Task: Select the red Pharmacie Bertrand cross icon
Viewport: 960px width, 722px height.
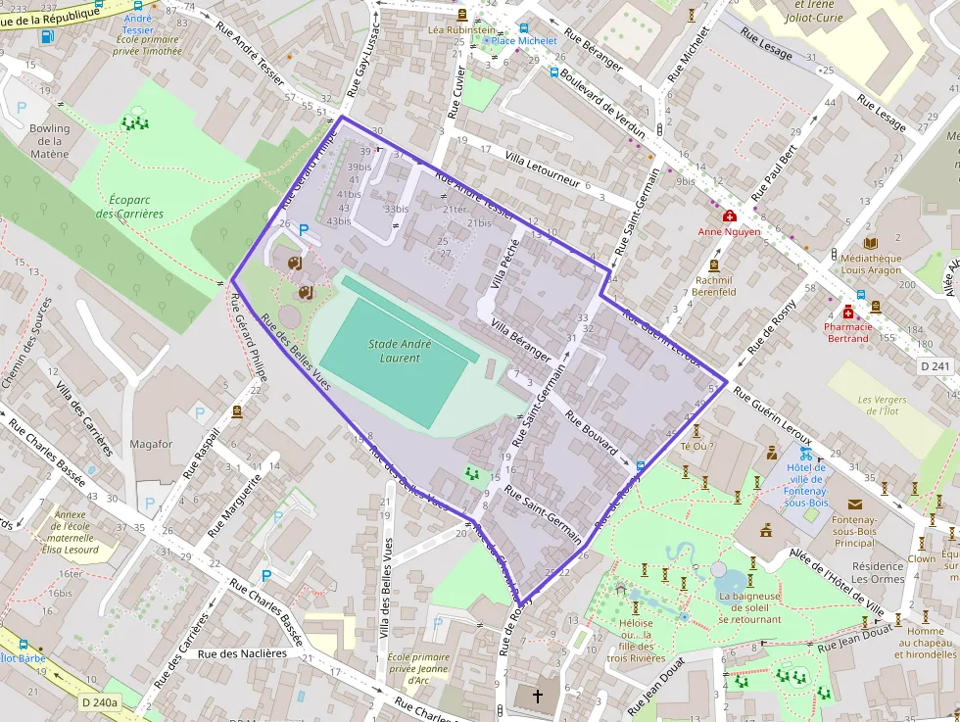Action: pos(847,311)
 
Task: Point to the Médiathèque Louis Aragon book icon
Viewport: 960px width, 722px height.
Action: pos(871,243)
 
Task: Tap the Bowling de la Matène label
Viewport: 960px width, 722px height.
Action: pos(49,141)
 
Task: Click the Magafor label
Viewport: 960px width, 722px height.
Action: pos(151,444)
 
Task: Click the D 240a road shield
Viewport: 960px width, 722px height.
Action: pos(100,702)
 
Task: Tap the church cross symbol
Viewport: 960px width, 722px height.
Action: pos(537,697)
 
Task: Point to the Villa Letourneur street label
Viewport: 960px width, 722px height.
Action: pos(543,170)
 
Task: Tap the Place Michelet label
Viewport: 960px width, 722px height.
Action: pos(524,41)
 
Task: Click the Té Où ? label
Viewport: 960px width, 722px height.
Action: pos(697,446)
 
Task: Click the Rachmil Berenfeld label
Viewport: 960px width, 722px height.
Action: pos(714,285)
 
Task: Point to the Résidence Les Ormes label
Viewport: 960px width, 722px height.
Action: pos(878,572)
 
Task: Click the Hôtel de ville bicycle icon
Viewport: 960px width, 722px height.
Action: pos(805,454)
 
